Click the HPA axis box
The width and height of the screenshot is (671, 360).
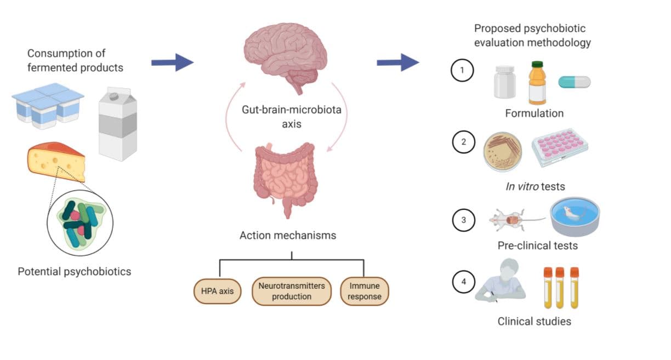218,291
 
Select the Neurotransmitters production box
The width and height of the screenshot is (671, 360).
291,291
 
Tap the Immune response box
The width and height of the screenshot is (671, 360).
365,291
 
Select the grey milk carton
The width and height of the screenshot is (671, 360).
117,123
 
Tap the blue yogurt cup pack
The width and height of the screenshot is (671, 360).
48,105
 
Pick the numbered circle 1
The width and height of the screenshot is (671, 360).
462,71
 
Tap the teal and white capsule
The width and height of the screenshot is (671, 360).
575,82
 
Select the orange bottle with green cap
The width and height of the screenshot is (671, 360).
537,83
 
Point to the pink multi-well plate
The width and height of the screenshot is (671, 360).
560,147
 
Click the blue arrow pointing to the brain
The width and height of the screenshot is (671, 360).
172,62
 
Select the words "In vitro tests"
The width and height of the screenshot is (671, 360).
534,187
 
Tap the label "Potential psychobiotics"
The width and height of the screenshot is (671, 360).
75,271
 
